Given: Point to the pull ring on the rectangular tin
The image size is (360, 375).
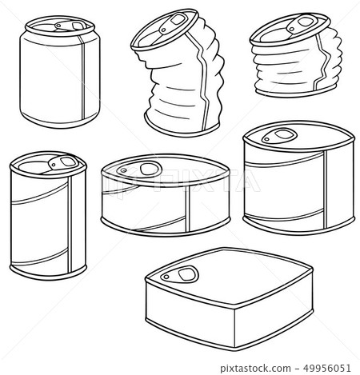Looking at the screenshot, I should click(186, 273).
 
